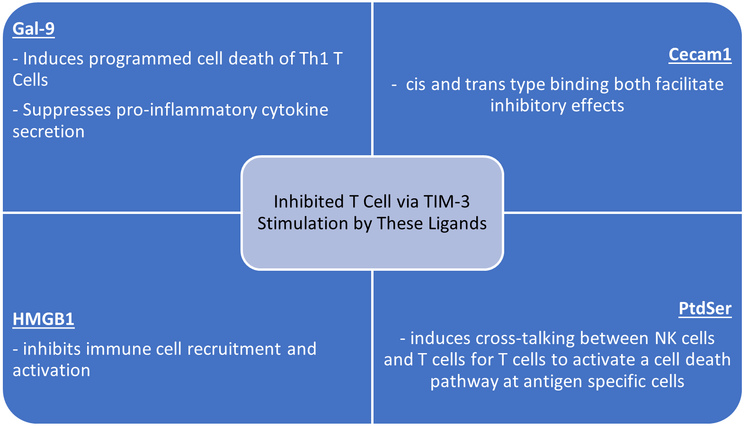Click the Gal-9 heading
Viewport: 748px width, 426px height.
pos(34,29)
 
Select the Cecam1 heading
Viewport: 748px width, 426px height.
pos(700,54)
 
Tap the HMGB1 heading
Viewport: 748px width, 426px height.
pos(44,319)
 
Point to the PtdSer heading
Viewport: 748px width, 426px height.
pos(705,309)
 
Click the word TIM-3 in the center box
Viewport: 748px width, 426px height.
pos(447,202)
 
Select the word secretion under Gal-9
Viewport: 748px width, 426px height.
pos(48,132)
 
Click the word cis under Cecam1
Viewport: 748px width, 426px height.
pos(415,84)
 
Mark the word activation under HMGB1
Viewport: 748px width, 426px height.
pos(52,371)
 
